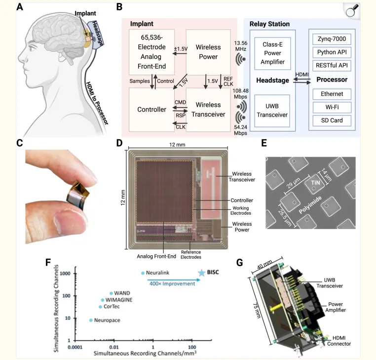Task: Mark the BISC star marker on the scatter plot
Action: pos(201,273)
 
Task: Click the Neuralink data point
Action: pos(143,273)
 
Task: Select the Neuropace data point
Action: pos(91,320)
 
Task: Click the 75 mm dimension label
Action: pos(258,308)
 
